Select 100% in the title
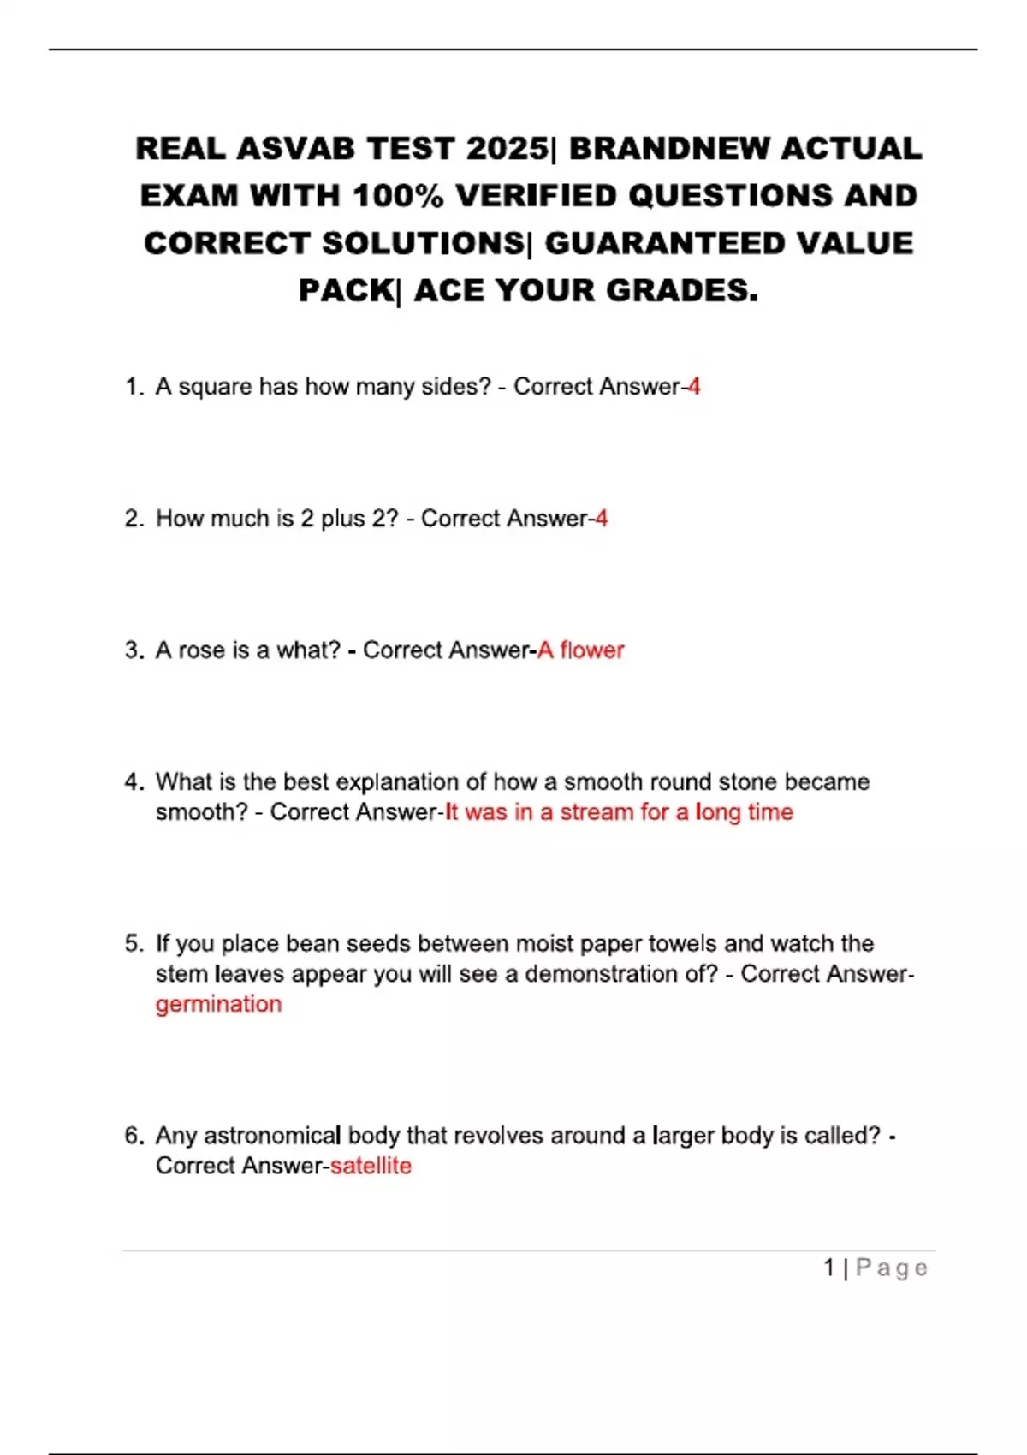pyautogui.click(x=398, y=196)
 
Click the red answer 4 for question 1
pyautogui.click(x=694, y=387)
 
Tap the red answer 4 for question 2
pyautogui.click(x=602, y=519)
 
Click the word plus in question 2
pyautogui.click(x=341, y=519)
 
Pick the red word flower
pyautogui.click(x=592, y=650)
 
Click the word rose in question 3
pyautogui.click(x=201, y=650)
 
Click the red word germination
pyautogui.click(x=218, y=1004)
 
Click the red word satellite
pyautogui.click(x=371, y=1166)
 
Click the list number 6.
pyautogui.click(x=133, y=1136)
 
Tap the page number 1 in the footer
pyautogui.click(x=829, y=1268)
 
